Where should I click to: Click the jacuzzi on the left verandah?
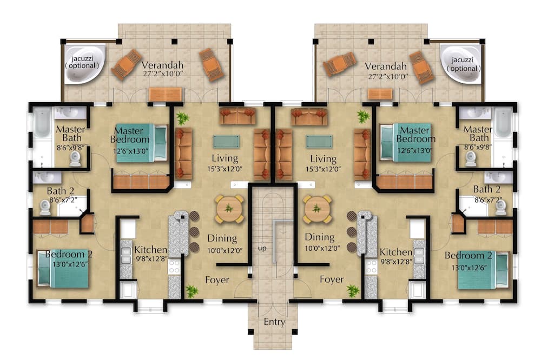click(x=84, y=64)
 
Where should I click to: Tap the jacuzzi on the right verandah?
click(x=460, y=64)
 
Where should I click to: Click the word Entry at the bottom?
click(x=275, y=322)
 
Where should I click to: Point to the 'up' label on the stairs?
click(x=262, y=248)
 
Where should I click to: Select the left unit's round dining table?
click(x=229, y=209)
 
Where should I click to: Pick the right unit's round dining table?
click(x=317, y=209)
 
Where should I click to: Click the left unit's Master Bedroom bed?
click(x=141, y=143)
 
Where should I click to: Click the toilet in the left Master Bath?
click(x=76, y=159)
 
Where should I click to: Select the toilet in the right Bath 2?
click(x=500, y=208)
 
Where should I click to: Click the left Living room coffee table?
click(x=226, y=142)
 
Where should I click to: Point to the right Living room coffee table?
click(x=320, y=142)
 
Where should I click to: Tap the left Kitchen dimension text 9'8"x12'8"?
click(x=151, y=258)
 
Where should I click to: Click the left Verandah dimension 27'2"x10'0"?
click(x=162, y=73)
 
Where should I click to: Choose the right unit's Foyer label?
click(x=332, y=279)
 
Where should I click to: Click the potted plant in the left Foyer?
click(x=192, y=291)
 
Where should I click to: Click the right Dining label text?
click(x=320, y=238)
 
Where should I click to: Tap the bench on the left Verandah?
click(x=165, y=94)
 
